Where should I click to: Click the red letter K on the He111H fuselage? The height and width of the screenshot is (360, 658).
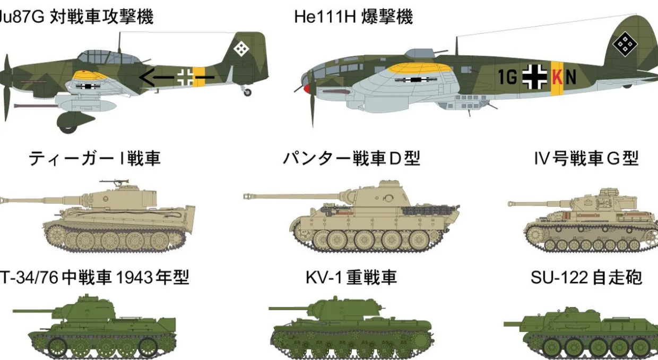557,77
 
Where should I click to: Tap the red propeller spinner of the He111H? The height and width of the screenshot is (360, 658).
307,88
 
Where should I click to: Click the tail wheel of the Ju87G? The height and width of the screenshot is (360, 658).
247,92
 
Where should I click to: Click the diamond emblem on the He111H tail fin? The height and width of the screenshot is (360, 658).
625,44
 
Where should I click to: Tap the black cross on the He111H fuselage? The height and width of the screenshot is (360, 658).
534,77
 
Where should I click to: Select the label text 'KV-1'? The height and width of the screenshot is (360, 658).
324,277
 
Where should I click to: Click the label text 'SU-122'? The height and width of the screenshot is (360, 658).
559,277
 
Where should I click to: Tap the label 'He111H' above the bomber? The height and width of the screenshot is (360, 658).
325,17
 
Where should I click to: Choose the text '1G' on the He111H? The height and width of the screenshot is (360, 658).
508,78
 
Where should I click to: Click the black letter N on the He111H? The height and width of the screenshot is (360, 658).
570,77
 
